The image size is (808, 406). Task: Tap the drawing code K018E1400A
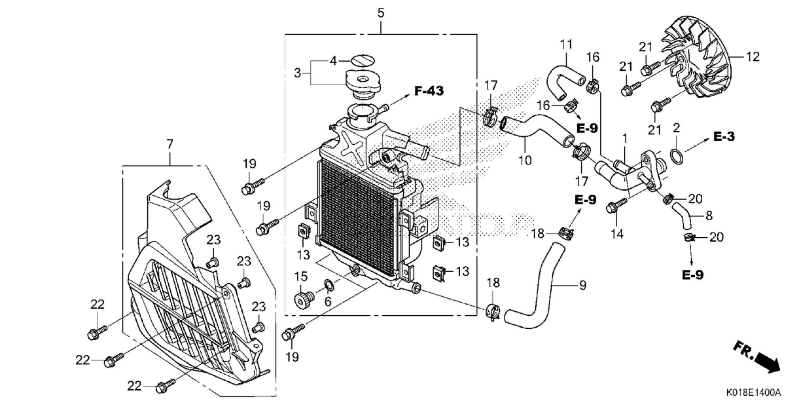coord(757,393)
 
